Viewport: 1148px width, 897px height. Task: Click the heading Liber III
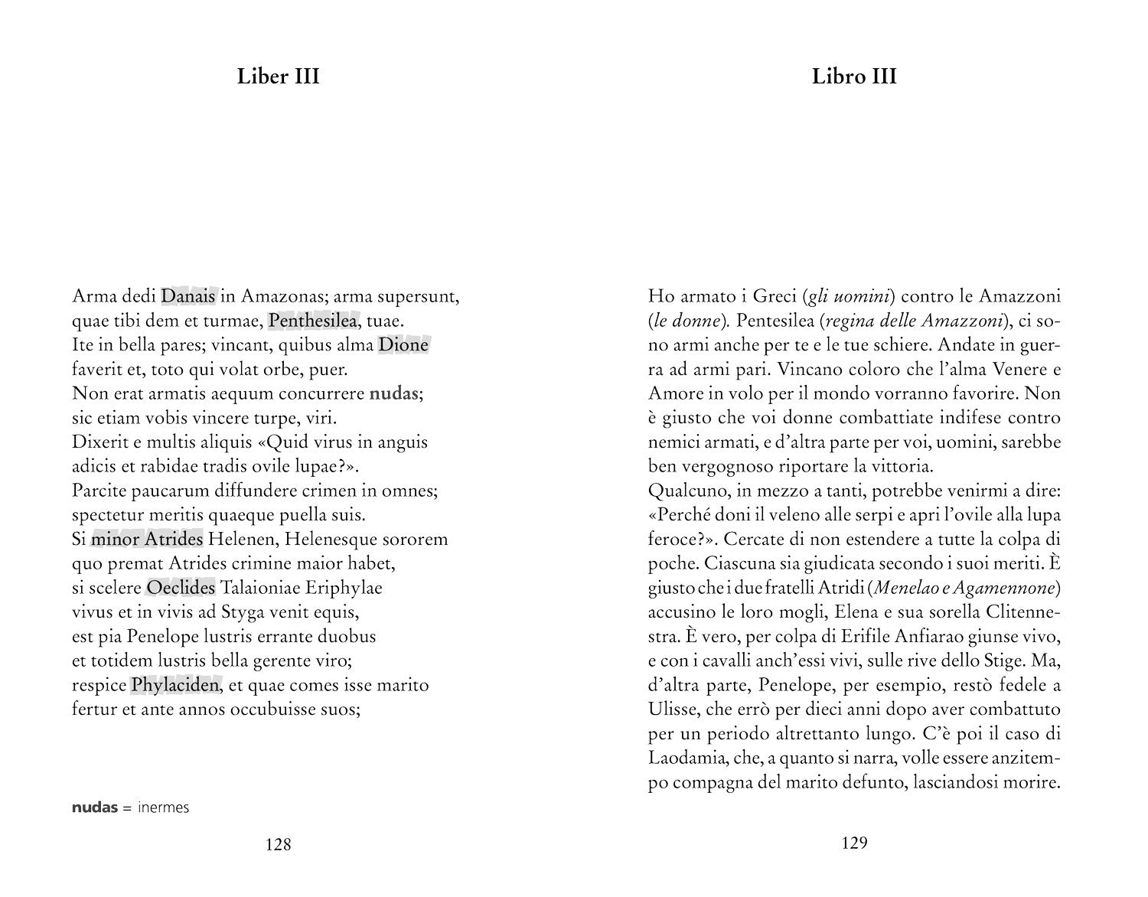(x=278, y=77)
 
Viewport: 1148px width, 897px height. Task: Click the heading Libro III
(x=854, y=77)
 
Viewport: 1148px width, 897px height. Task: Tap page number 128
(x=278, y=845)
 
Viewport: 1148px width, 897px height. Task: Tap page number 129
(x=854, y=843)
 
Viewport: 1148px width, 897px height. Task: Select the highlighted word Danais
(x=188, y=295)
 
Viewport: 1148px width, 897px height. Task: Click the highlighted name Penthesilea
(x=313, y=320)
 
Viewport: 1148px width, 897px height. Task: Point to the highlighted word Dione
(x=403, y=344)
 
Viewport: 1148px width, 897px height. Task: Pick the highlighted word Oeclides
(x=181, y=588)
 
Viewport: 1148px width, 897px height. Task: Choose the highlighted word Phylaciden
(x=175, y=685)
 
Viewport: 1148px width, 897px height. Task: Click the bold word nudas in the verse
(x=394, y=393)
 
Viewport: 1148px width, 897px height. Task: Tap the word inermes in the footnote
(x=164, y=808)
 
